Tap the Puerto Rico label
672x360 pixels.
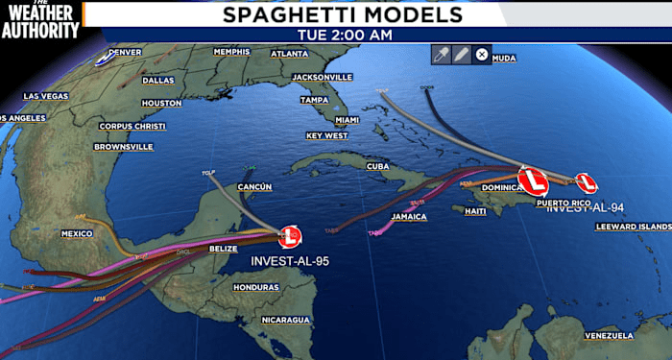click(x=560, y=203)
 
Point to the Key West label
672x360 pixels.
click(x=326, y=135)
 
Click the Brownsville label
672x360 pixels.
click(x=123, y=146)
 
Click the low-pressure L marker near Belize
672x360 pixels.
click(x=290, y=234)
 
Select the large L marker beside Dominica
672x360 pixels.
click(x=533, y=180)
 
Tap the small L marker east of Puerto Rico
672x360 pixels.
click(x=586, y=182)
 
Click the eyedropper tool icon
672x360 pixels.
click(x=442, y=55)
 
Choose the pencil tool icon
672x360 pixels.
click(x=462, y=55)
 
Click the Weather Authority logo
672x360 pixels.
click(x=39, y=19)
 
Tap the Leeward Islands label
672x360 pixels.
click(x=634, y=226)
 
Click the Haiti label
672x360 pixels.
click(x=475, y=210)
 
